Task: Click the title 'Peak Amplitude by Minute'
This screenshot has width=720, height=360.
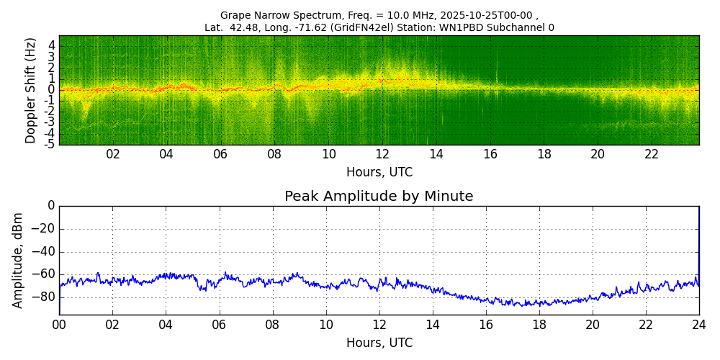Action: [379, 197]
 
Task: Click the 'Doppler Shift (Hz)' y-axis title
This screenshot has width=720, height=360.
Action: [30, 91]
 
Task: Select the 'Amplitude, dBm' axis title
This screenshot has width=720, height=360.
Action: [18, 260]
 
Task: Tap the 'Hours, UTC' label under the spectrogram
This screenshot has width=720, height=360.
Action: [379, 173]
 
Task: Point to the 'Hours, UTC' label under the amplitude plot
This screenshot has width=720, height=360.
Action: [379, 343]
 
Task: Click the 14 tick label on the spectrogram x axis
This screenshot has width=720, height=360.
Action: [436, 155]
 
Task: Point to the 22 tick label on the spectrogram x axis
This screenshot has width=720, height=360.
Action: [652, 155]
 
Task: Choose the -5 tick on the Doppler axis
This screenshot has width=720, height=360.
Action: [50, 144]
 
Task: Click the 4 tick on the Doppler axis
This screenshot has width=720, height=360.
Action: [52, 45]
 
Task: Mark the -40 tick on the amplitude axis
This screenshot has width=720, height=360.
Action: [45, 252]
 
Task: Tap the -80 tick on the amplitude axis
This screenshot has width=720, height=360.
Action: [45, 297]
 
